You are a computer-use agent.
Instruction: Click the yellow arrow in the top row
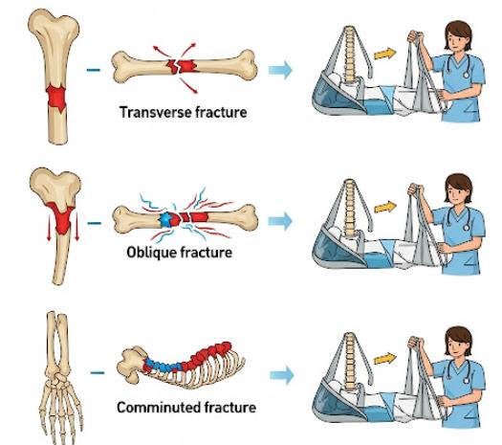pos(385,54)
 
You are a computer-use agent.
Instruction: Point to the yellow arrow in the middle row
pos(385,207)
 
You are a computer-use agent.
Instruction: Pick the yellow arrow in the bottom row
pos(385,359)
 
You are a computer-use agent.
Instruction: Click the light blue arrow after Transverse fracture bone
pos(280,70)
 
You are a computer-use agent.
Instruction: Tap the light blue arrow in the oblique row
pos(280,221)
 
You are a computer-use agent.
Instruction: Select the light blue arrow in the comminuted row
pos(282,375)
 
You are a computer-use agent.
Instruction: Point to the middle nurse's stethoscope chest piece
pos(467,228)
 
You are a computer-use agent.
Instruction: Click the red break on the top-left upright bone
pos(56,99)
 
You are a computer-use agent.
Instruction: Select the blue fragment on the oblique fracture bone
pos(166,220)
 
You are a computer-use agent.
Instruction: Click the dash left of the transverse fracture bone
pos(93,70)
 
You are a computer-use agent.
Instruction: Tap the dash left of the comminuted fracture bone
pos(98,372)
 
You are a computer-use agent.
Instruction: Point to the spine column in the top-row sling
pos(349,55)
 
